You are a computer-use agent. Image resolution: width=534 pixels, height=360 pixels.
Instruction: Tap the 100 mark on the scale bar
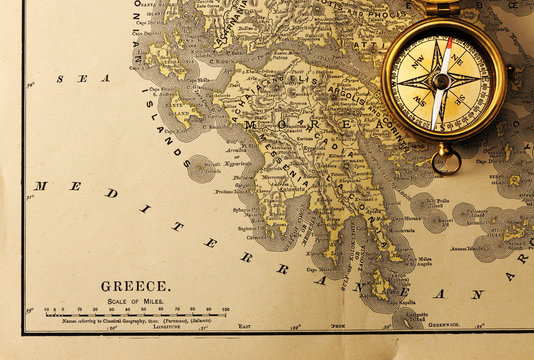[x=225, y=310]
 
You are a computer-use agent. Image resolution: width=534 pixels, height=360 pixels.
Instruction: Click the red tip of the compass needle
[x=448, y=45]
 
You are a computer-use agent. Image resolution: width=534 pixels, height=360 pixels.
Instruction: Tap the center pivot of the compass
[x=440, y=81]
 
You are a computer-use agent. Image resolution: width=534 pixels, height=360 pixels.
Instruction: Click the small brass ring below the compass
[x=446, y=160]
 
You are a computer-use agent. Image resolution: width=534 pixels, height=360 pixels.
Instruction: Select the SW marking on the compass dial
[x=416, y=106]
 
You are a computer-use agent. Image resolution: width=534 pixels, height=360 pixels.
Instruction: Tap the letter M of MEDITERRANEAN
[x=40, y=185]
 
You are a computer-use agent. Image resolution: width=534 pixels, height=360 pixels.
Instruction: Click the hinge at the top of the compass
[x=440, y=8]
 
